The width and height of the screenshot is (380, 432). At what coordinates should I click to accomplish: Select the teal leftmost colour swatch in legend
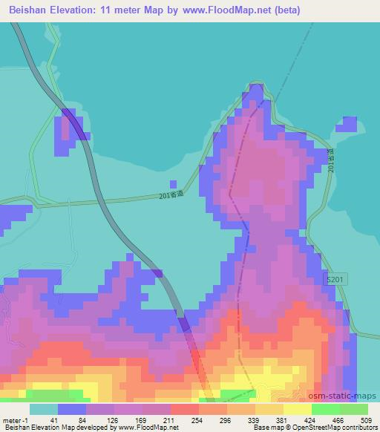click(44, 409)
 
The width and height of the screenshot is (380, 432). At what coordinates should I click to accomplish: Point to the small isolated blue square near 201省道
click(173, 183)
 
